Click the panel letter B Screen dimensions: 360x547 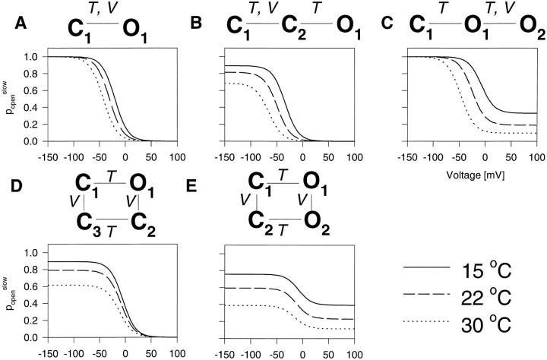click(x=196, y=25)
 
